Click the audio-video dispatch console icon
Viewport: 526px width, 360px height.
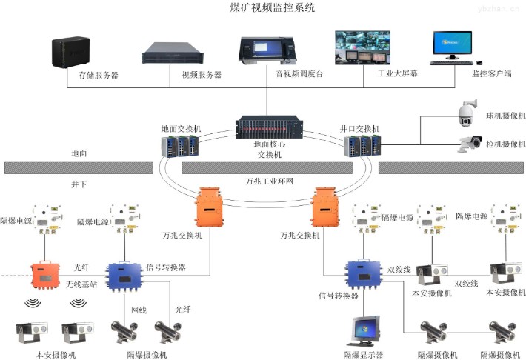pos(264,48)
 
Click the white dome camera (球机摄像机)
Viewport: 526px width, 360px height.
pos(467,112)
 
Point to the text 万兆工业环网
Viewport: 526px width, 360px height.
pos(271,180)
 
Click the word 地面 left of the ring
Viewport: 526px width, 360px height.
pos(79,153)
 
